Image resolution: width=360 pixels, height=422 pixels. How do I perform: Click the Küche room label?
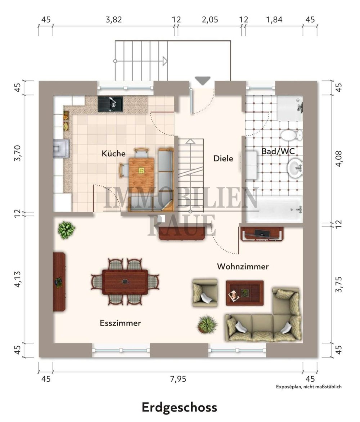(113, 154)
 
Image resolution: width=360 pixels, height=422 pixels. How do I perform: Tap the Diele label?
(223, 159)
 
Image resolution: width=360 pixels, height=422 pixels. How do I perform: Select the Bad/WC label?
(278, 151)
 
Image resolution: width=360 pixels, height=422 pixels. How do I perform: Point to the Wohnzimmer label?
(243, 266)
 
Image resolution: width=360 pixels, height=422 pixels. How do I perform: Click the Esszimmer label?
(120, 323)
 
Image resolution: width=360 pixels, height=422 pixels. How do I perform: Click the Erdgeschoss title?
(179, 408)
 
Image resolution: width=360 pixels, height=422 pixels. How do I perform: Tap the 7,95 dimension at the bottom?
(178, 379)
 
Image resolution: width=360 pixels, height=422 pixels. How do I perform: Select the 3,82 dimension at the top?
(114, 20)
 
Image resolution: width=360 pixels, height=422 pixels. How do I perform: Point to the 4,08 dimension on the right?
(339, 159)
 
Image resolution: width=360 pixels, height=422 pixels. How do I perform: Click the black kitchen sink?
(110, 104)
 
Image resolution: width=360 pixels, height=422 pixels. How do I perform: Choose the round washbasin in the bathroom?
(295, 168)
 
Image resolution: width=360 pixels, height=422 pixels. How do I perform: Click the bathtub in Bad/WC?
(274, 209)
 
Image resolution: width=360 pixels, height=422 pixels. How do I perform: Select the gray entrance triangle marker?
(202, 81)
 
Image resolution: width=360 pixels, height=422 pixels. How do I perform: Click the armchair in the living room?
(205, 293)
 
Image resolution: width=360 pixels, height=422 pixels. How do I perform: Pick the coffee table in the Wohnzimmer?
(245, 293)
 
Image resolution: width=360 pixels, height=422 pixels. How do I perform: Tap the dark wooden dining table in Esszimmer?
(125, 282)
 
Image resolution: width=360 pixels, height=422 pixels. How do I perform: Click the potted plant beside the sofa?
(207, 324)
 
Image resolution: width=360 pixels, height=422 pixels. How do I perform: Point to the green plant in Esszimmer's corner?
(66, 230)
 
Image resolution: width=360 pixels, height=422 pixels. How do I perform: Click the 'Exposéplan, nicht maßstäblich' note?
(309, 387)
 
